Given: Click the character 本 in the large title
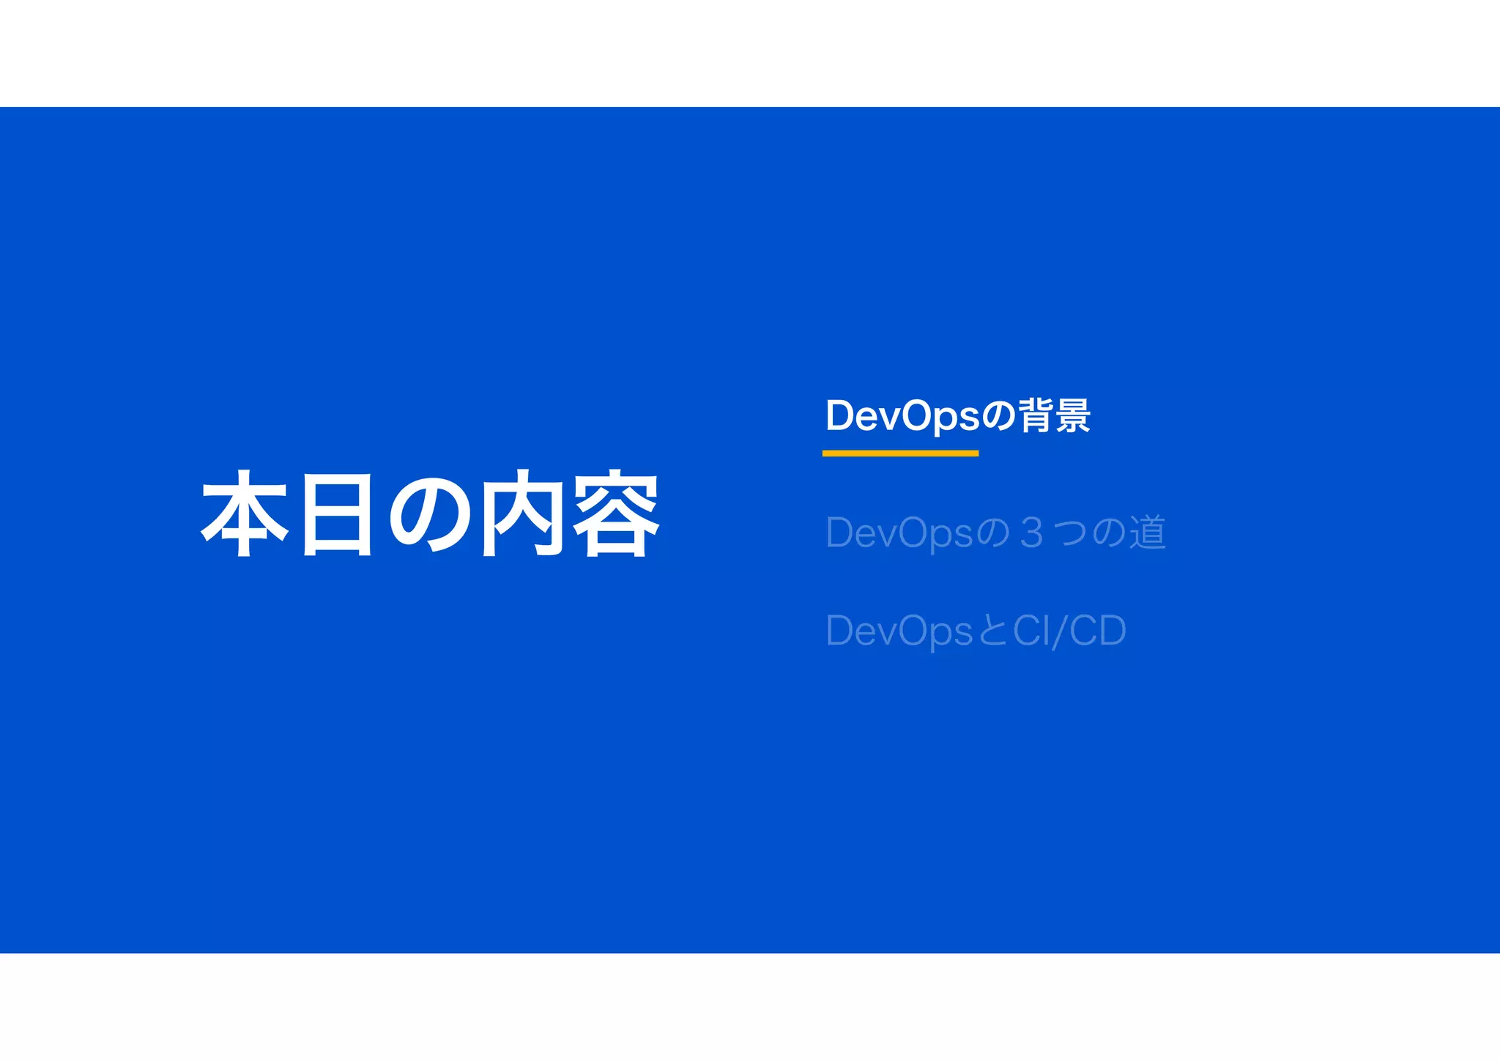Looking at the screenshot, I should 245,514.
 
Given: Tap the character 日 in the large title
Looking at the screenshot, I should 337,514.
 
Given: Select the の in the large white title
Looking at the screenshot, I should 430,514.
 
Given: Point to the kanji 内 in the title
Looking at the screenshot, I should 523,514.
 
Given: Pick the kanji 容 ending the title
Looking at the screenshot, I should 615,514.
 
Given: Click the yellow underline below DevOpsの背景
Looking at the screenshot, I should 900,453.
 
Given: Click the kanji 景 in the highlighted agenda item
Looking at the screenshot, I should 1073,415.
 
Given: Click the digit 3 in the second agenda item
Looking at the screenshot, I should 1031,533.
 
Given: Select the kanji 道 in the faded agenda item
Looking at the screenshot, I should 1147,533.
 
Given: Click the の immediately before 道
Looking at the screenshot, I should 1109,533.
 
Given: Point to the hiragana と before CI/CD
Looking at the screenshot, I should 992,631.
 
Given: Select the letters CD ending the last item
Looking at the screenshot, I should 1097,631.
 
